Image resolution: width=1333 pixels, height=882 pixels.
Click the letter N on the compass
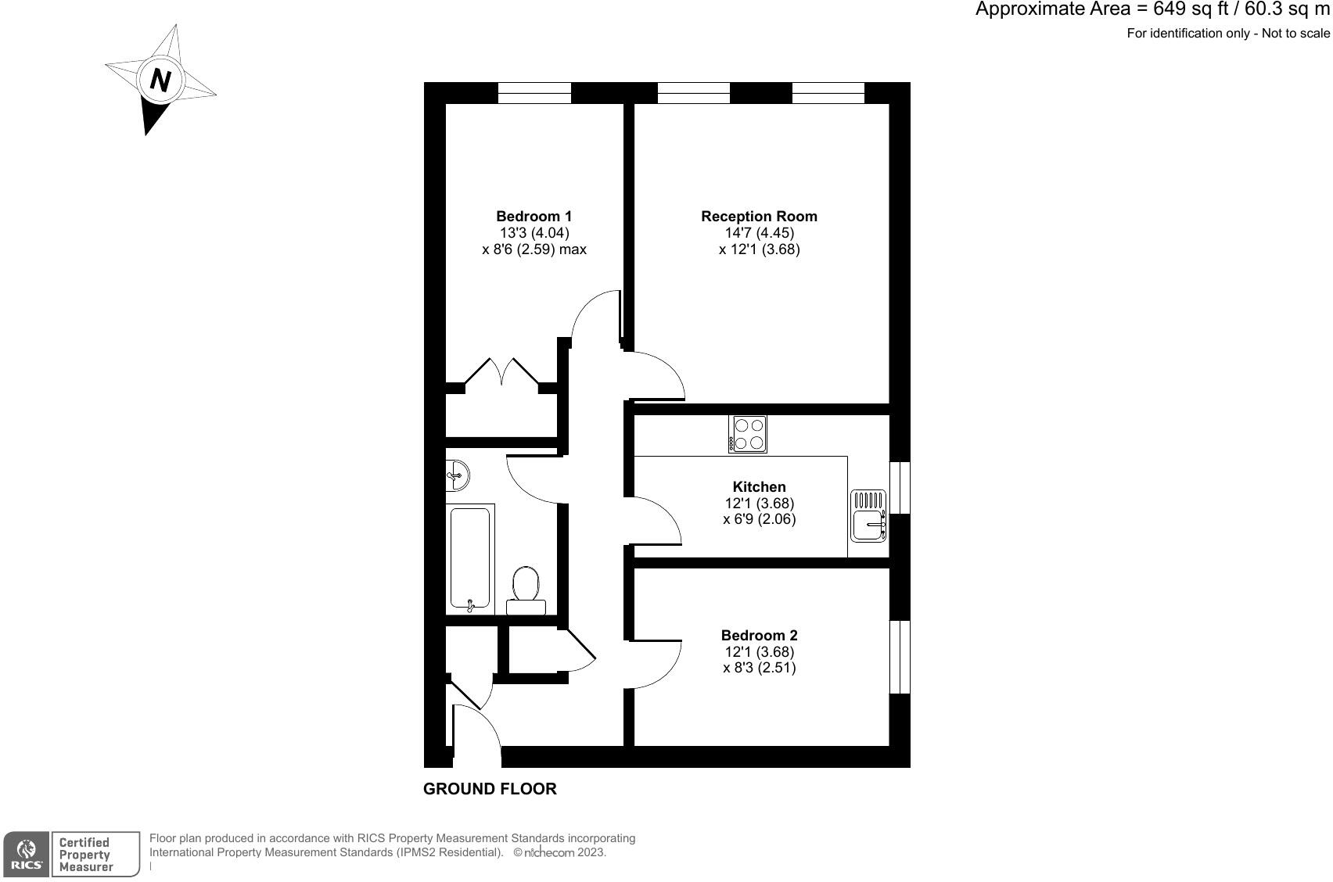[x=160, y=80]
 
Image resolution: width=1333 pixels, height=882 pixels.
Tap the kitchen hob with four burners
[x=748, y=434]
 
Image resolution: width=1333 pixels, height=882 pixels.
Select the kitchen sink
[x=868, y=516]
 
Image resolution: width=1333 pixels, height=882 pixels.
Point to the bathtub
[x=470, y=558]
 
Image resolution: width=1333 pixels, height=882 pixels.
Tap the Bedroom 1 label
[x=534, y=216]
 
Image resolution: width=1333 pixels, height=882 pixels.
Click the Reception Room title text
[x=759, y=216]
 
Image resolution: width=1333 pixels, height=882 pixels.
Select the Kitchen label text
[x=759, y=486]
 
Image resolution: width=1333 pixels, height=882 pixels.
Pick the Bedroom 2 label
[x=759, y=635]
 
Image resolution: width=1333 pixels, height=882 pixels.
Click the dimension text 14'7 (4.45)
[x=759, y=233]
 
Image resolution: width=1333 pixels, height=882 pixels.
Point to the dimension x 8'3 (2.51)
[x=759, y=668]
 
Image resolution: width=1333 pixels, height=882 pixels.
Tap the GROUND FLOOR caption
[x=490, y=789]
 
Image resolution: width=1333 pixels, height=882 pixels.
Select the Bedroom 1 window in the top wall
[x=534, y=93]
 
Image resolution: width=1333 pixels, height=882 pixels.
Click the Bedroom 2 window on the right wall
[x=900, y=657]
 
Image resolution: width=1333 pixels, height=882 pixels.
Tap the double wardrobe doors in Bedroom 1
[x=501, y=373]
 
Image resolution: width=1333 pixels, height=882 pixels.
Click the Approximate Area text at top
[x=1152, y=10]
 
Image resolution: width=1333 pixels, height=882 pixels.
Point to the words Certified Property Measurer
[x=86, y=854]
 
